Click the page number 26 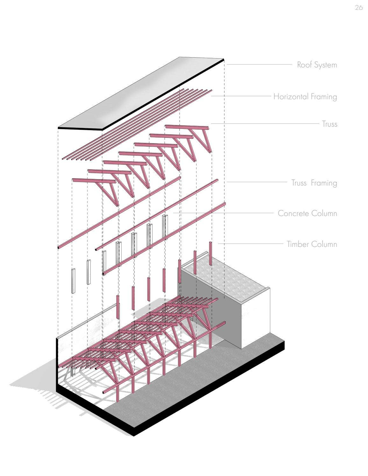(358, 8)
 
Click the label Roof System (317, 65)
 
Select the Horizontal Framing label (305, 96)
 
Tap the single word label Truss (329, 124)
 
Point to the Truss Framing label (314, 183)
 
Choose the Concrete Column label (307, 213)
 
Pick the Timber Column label (311, 244)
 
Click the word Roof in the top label (304, 65)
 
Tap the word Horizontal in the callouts (291, 96)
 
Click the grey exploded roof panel (140, 94)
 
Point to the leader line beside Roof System (259, 65)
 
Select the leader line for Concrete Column (223, 213)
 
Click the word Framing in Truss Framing (324, 183)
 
